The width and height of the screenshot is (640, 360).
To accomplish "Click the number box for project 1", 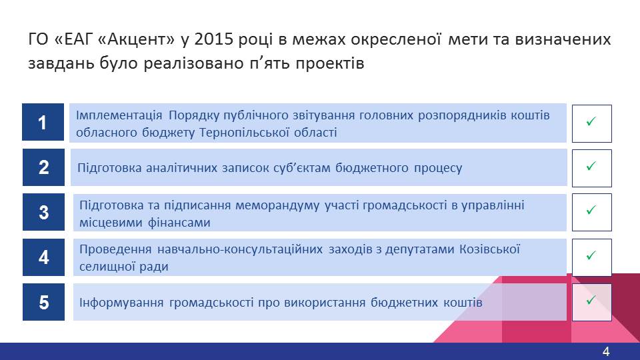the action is click(x=43, y=122).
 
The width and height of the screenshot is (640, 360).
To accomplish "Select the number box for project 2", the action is click(x=43, y=167).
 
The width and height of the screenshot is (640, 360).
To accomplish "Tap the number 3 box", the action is click(x=43, y=212).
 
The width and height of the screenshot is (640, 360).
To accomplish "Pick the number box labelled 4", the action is click(x=43, y=257).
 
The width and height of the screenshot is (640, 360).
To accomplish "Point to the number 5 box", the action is click(x=43, y=302).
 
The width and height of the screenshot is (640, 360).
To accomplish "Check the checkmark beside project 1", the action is click(x=591, y=121).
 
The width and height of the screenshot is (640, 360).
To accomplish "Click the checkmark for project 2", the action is click(x=591, y=166).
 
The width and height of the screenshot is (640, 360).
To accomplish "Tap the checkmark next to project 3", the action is click(x=591, y=210).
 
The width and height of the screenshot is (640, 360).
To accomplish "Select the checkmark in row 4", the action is click(x=591, y=255).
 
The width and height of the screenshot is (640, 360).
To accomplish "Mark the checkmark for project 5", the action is click(x=591, y=301).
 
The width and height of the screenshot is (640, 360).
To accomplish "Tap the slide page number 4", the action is click(x=606, y=351).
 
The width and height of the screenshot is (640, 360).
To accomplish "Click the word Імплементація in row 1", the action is click(x=119, y=115).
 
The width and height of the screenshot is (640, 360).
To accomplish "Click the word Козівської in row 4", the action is click(x=490, y=249).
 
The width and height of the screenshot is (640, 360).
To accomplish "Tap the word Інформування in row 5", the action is click(x=121, y=303).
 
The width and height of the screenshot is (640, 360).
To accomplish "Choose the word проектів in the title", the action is click(x=330, y=64).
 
